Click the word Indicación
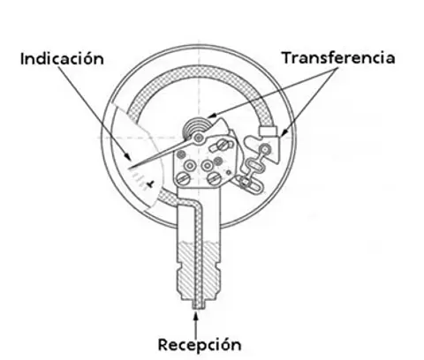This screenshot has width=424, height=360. coord(62,58)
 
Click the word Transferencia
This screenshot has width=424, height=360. coord(338,57)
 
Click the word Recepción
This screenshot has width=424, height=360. coord(200,344)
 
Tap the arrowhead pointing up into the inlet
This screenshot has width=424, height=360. coord(195,316)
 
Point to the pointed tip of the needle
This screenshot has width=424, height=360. coord(130,169)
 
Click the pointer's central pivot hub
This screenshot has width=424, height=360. coord(199,138)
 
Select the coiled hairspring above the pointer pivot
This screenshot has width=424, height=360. coord(197,126)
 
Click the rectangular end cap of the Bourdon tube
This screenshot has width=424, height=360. coord(268,131)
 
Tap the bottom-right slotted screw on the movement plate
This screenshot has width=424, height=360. coord(214,178)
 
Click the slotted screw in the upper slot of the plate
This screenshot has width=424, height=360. coord(223,145)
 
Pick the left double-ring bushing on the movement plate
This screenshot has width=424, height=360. coord(190,166)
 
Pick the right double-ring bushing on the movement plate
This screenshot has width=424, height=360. coord(208,166)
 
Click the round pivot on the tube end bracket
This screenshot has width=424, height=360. coord(266,149)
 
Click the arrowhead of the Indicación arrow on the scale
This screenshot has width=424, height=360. coord(128,156)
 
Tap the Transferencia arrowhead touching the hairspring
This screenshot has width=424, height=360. coord(212,115)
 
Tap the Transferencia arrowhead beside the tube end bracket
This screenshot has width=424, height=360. coord(284,133)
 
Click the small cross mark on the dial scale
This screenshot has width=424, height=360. coord(151,184)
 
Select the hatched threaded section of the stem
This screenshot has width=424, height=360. coord(199,270)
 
